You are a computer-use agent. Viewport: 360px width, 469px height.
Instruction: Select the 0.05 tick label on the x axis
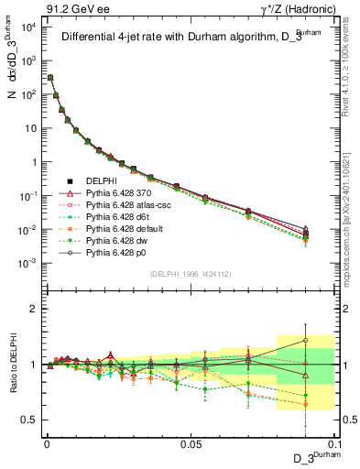191,444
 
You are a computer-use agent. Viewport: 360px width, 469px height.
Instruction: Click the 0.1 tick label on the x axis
333,444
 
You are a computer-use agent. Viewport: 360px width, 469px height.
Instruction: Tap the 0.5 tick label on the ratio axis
29,420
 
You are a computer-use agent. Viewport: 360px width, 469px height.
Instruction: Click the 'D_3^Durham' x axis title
311,458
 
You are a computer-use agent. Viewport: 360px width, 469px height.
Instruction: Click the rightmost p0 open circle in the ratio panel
306,340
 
